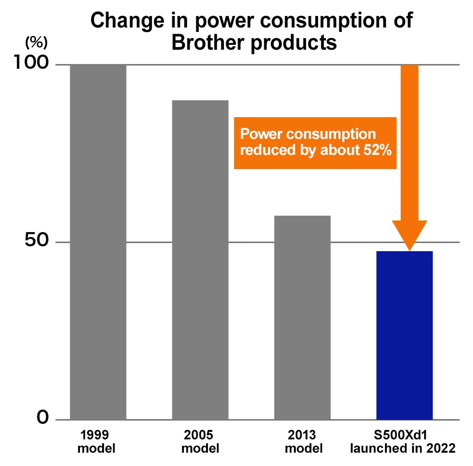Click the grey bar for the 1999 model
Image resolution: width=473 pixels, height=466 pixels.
point(98,242)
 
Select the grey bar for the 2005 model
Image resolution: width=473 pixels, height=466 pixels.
point(200,260)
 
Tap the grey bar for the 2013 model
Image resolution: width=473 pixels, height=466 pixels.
point(302,317)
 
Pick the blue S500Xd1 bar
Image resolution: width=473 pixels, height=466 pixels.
point(404,335)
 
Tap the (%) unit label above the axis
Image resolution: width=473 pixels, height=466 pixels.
point(36,43)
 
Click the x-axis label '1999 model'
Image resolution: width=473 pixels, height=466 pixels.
point(96,441)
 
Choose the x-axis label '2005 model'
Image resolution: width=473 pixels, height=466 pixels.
point(200,441)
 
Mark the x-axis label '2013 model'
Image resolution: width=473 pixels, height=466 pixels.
point(304,441)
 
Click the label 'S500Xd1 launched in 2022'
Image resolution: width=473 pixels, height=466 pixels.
point(403,441)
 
